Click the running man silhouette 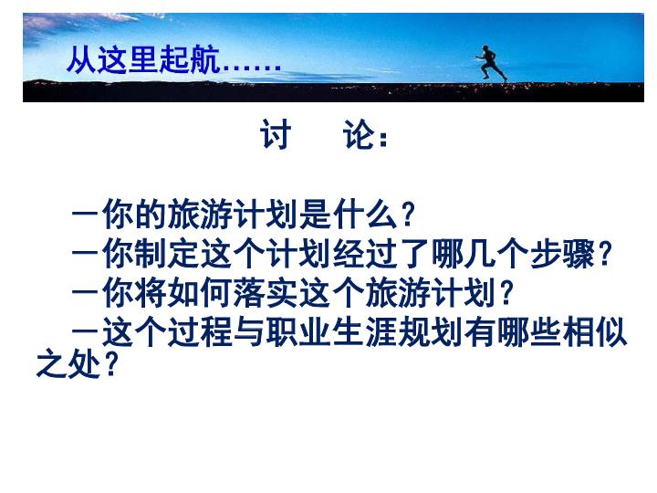pos(491,63)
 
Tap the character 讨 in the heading pos(276,134)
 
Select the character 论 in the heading pos(360,134)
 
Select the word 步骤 pos(562,253)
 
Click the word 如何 pos(200,292)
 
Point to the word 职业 pos(298,331)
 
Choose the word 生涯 pos(364,331)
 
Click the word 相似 pos(595,331)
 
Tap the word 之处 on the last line pos(68,363)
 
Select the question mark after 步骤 pos(604,254)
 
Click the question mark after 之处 pos(110,364)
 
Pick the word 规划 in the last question pos(430,331)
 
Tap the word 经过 pos(365,253)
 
